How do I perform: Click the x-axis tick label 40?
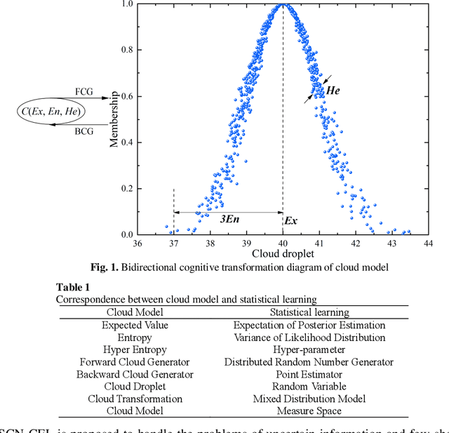click(283, 243)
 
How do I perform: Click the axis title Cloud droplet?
click(283, 253)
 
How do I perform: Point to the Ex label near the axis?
click(290, 220)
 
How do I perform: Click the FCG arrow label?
click(83, 92)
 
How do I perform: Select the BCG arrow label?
click(83, 131)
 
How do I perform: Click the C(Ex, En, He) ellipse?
click(50, 112)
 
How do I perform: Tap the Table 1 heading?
click(73, 287)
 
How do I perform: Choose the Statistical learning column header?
click(309, 312)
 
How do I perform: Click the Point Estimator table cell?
click(309, 374)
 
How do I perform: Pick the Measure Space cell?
click(309, 411)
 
